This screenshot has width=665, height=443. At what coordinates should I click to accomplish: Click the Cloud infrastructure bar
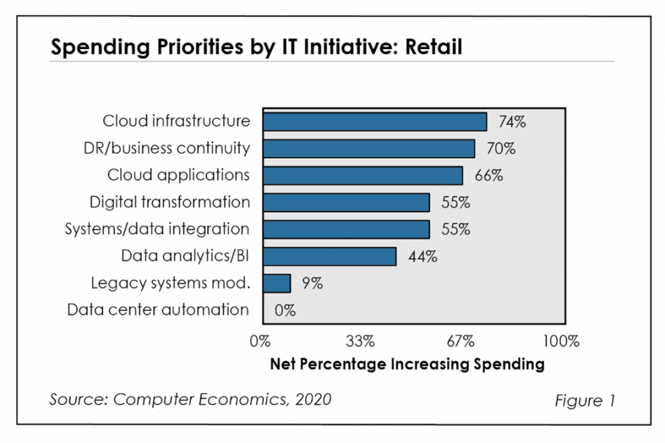[x=374, y=121]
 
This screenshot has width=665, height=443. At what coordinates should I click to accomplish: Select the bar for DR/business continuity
[x=369, y=148]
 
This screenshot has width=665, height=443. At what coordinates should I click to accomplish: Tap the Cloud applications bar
[x=363, y=175]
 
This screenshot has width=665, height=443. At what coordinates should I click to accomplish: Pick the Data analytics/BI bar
[x=329, y=256]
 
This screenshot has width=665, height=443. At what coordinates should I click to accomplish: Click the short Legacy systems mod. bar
[x=277, y=283]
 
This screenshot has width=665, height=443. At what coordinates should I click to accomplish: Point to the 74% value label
[x=511, y=122]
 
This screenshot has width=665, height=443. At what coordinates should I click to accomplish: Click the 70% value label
[x=501, y=149]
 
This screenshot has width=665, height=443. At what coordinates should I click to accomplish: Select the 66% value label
[x=489, y=175]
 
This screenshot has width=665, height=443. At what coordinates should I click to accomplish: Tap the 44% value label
[x=422, y=257]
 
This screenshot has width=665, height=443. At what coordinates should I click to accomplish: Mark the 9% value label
[x=312, y=283]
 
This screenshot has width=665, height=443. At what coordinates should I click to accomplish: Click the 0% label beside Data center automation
[x=285, y=310]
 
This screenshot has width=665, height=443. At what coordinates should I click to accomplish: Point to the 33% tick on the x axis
[x=360, y=340]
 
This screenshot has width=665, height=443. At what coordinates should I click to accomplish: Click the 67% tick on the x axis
[x=460, y=340]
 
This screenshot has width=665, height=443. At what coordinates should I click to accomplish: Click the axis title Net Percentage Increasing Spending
[x=407, y=364]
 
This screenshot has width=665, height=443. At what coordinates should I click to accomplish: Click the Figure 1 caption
[x=584, y=400]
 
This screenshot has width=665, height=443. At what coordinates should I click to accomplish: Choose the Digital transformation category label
[x=170, y=202]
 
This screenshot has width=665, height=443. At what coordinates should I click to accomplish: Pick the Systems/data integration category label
[x=158, y=229]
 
